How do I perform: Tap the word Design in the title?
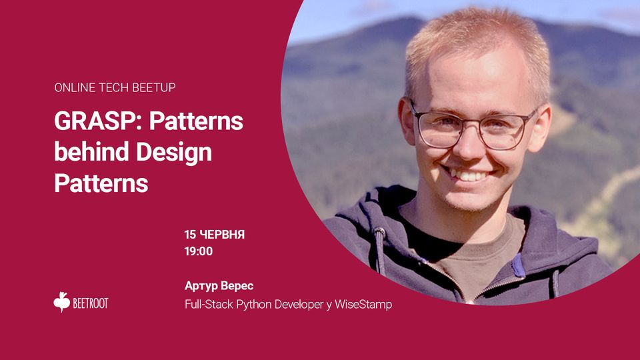(x=174, y=153)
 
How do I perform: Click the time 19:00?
(x=199, y=251)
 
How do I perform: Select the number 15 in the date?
(x=190, y=235)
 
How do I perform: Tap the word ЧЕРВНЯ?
(x=222, y=235)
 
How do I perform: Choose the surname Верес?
(x=237, y=286)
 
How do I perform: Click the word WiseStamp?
(x=363, y=305)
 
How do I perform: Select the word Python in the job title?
(x=254, y=305)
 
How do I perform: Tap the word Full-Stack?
(x=209, y=305)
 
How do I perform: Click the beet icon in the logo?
(x=61, y=302)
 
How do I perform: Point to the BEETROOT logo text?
(x=91, y=303)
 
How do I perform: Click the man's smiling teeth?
(x=469, y=175)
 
